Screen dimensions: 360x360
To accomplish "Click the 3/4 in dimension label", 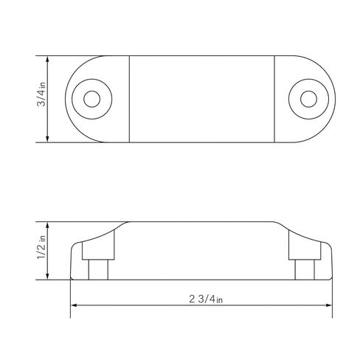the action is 41,94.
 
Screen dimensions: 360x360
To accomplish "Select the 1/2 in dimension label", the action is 41,247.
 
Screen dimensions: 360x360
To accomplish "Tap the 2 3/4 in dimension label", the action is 206,299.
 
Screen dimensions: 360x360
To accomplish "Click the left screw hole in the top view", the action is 92,99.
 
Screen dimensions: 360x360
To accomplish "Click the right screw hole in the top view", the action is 308,99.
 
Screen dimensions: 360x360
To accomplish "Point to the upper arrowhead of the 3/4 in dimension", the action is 48,59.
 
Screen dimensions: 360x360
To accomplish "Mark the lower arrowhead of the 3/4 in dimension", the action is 48,139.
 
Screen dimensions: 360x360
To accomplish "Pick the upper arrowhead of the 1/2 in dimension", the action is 48,225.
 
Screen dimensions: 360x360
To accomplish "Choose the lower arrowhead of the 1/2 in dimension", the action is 48,277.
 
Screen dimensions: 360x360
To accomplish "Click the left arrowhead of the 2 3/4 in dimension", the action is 75,305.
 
